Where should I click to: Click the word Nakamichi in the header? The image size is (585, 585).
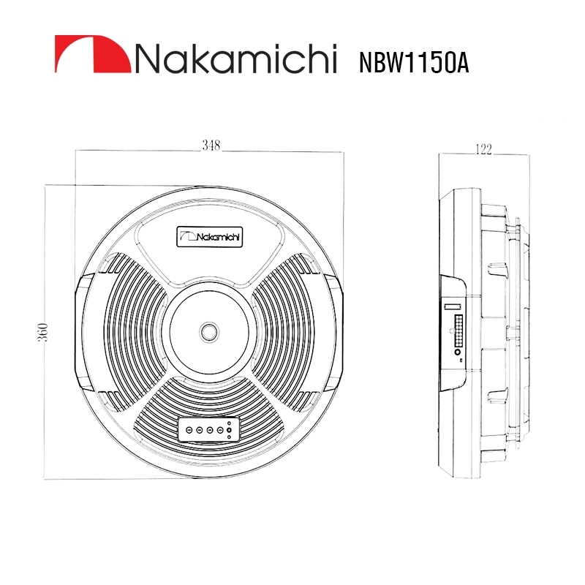point(234,58)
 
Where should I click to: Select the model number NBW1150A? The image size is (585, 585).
point(413,62)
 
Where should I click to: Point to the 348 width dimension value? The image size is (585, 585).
point(211,146)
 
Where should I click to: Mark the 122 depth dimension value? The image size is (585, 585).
point(483,150)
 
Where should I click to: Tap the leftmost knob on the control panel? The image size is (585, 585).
point(189,430)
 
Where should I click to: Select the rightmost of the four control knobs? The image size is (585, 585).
point(219,430)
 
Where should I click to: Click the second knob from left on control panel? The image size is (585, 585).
point(200,430)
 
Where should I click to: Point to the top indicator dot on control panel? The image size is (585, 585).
point(230,423)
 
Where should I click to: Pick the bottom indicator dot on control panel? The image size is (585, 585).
point(230,437)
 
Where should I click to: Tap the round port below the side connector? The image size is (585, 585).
point(458,358)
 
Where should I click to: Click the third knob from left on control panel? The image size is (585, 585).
point(210,430)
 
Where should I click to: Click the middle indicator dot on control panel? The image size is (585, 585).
point(230,430)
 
